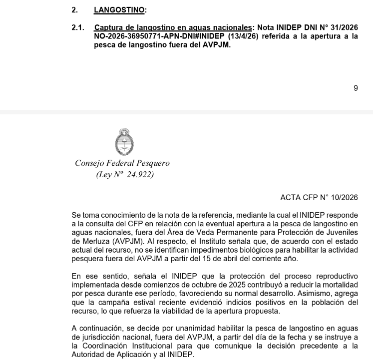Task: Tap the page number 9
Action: [356, 88]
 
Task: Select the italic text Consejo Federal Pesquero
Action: [122, 163]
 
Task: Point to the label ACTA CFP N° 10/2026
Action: [319, 198]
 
